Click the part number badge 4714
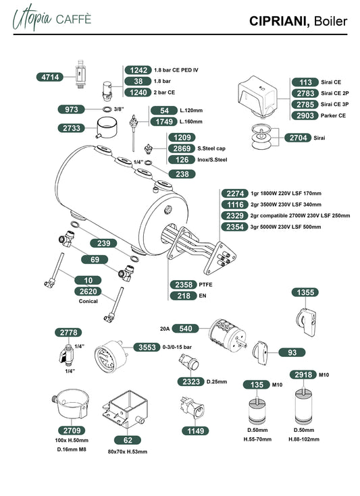[x=50, y=77]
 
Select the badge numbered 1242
[x=138, y=70]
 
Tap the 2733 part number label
[x=72, y=128]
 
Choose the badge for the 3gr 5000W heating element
[x=234, y=227]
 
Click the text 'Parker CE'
[x=333, y=115]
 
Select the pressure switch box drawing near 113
[x=259, y=93]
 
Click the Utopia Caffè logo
[x=52, y=18]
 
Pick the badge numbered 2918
[x=303, y=375]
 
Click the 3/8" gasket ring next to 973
[x=107, y=109]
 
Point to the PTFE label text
[x=205, y=285]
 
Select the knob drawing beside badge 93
[x=260, y=353]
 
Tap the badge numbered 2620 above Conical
[x=88, y=292]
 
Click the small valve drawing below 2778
[x=66, y=353]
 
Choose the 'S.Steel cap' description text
[x=211, y=148]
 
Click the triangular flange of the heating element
[x=220, y=258]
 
